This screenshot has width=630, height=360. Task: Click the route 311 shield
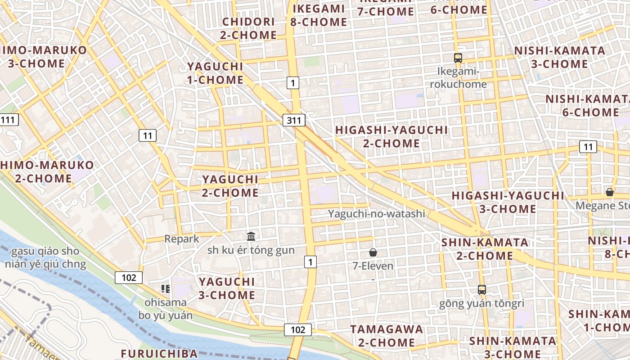click(294, 120)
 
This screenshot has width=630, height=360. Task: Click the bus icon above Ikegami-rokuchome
click(458, 58)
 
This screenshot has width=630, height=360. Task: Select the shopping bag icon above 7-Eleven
click(373, 252)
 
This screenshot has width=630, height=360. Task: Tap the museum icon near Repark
click(251, 236)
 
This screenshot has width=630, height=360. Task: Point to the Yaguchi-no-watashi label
click(376, 214)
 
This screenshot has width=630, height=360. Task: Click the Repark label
click(182, 239)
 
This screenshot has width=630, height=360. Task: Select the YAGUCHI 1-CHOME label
click(215, 73)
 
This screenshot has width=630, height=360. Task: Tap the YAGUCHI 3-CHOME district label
click(227, 288)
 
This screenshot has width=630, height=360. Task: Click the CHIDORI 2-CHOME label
click(249, 28)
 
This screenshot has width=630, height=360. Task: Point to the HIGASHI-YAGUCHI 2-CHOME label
click(391, 137)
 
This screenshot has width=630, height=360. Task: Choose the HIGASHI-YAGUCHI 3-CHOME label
click(508, 202)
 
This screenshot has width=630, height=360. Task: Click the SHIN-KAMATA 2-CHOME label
click(485, 249)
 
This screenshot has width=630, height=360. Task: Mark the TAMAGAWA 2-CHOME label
click(387, 336)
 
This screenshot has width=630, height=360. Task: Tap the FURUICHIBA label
click(159, 354)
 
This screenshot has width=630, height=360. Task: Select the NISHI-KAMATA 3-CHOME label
click(560, 57)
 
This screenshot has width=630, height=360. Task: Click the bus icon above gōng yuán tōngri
click(482, 290)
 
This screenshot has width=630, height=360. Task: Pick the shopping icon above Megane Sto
click(609, 192)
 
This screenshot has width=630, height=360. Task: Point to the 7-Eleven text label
click(373, 266)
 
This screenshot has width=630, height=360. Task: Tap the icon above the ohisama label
click(165, 289)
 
